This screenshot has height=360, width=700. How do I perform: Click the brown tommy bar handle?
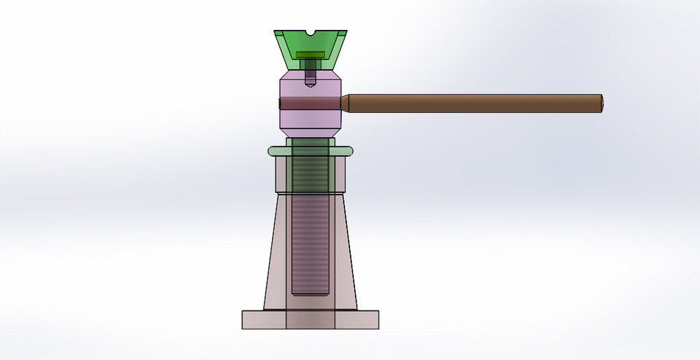coord(474,103)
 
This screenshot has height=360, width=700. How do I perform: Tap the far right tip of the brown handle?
coord(602,103)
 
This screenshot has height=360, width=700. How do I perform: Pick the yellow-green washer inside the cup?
coord(310,54)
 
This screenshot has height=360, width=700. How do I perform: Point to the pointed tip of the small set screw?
coord(311,85)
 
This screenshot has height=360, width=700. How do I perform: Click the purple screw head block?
coord(311,87)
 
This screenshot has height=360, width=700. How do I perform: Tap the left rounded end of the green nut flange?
coord(271,152)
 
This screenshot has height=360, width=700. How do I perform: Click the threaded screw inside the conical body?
coord(311,240)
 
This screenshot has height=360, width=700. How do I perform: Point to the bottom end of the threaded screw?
coord(311,292)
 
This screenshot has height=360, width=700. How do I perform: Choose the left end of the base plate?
coord(245,319)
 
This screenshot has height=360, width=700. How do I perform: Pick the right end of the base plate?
coord(376,319)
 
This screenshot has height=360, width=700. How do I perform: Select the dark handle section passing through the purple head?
coord(311,104)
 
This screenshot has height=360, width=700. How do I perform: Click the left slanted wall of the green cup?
coord(283,45)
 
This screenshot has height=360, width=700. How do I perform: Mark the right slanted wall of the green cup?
coord(338,45)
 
